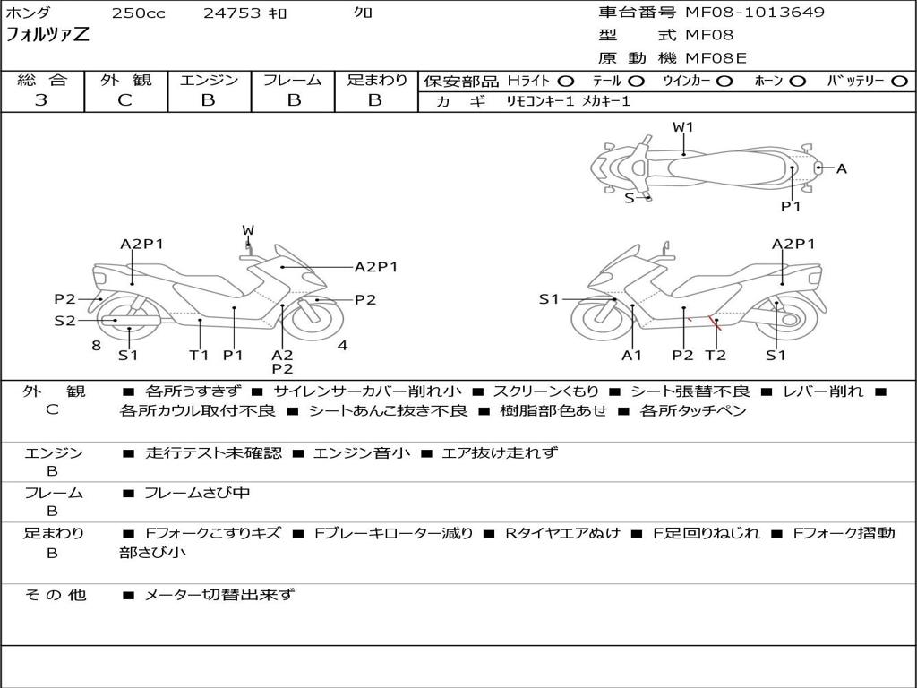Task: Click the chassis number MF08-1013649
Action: click(x=755, y=13)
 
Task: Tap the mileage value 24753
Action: click(x=231, y=13)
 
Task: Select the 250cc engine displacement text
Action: click(x=138, y=13)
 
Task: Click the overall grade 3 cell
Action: click(x=42, y=100)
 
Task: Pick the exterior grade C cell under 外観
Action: click(x=124, y=100)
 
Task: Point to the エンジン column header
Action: click(x=209, y=81)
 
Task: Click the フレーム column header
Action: click(x=292, y=81)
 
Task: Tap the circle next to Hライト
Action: click(x=566, y=82)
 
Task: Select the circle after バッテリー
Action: click(x=899, y=82)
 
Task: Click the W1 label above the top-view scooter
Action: click(x=683, y=127)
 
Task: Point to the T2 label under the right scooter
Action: click(x=716, y=355)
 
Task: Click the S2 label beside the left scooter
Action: click(x=65, y=320)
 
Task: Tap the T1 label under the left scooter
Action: click(x=199, y=355)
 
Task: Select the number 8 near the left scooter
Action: click(x=96, y=345)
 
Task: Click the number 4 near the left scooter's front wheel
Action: click(x=342, y=345)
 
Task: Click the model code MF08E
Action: click(x=716, y=58)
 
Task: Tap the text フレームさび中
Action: click(x=197, y=493)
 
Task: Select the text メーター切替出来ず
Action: click(x=219, y=594)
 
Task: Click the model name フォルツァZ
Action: click(x=47, y=36)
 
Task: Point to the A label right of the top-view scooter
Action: click(x=841, y=168)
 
